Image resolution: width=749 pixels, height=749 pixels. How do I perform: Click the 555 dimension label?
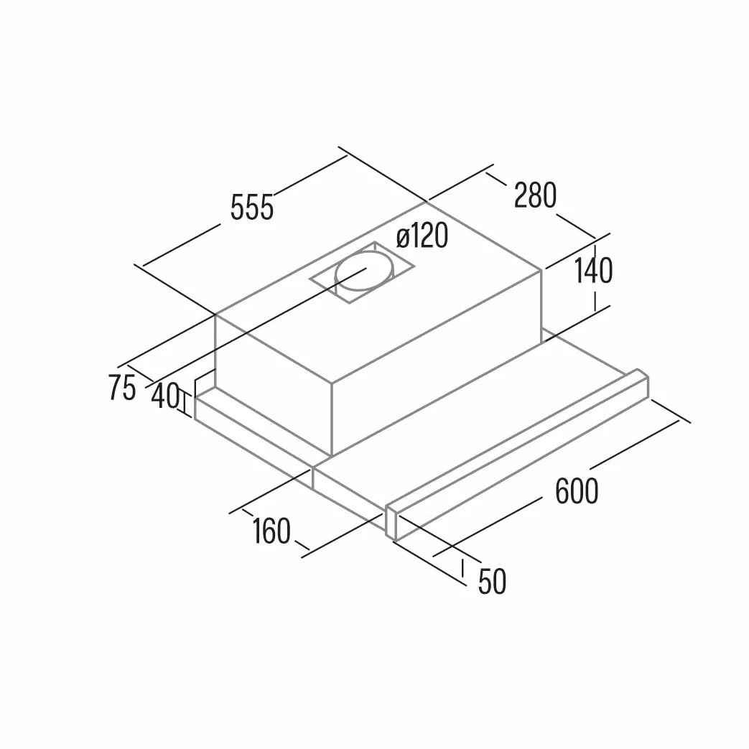[252, 208]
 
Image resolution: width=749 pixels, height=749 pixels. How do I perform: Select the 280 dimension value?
[535, 195]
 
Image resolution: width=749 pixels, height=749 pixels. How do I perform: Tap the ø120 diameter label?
[422, 236]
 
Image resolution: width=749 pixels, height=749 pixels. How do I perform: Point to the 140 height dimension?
[592, 270]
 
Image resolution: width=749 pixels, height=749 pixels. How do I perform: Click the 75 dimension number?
[122, 387]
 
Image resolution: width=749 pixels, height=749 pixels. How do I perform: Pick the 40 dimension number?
[165, 396]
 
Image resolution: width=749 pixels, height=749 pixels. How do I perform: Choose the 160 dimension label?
[271, 531]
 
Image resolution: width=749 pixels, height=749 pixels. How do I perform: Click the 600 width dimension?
[577, 490]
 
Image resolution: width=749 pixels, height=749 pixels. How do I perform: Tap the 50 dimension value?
[492, 582]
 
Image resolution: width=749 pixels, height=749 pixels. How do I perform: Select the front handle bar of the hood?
[517, 455]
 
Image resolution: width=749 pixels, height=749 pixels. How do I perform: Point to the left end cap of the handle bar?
[391, 523]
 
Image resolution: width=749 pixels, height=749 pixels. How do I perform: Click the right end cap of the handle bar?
[643, 384]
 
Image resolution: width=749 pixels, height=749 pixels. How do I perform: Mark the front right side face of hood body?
[437, 363]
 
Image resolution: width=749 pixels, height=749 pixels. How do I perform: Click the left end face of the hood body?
[273, 385]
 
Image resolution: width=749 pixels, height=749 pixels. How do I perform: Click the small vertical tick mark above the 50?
[462, 567]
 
